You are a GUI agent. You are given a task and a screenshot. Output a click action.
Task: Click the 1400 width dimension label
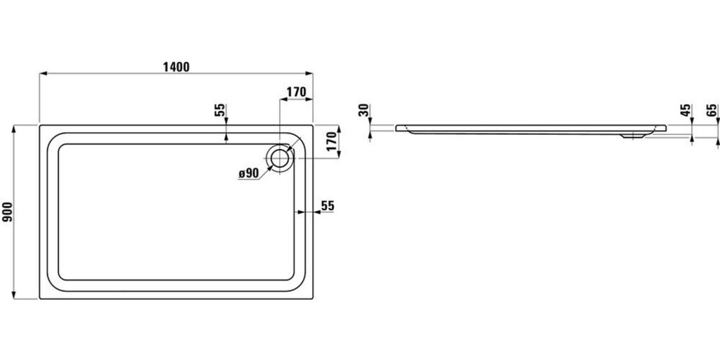click(176, 67)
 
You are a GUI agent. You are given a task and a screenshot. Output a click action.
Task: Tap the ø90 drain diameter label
click(249, 173)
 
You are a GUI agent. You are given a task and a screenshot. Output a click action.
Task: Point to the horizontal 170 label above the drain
click(296, 92)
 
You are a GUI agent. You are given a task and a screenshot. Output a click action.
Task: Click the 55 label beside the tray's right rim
click(328, 206)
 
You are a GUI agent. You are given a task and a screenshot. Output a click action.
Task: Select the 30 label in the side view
click(364, 110)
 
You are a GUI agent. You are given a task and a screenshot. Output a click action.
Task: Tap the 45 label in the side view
click(686, 110)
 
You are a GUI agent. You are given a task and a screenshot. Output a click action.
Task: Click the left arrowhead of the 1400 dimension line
click(43, 73)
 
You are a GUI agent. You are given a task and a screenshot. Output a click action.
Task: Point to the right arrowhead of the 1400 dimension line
click(309, 73)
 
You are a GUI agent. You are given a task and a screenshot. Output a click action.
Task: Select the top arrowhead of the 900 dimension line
click(14, 128)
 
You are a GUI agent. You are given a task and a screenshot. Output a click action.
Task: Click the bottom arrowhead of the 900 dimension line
click(14, 295)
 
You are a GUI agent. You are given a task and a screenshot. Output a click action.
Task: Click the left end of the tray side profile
click(396, 128)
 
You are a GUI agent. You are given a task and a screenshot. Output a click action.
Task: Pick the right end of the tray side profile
click(666, 128)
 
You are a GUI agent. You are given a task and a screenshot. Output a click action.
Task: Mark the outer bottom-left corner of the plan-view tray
click(40, 299)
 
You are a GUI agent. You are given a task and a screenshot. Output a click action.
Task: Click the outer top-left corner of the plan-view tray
click(40, 125)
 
